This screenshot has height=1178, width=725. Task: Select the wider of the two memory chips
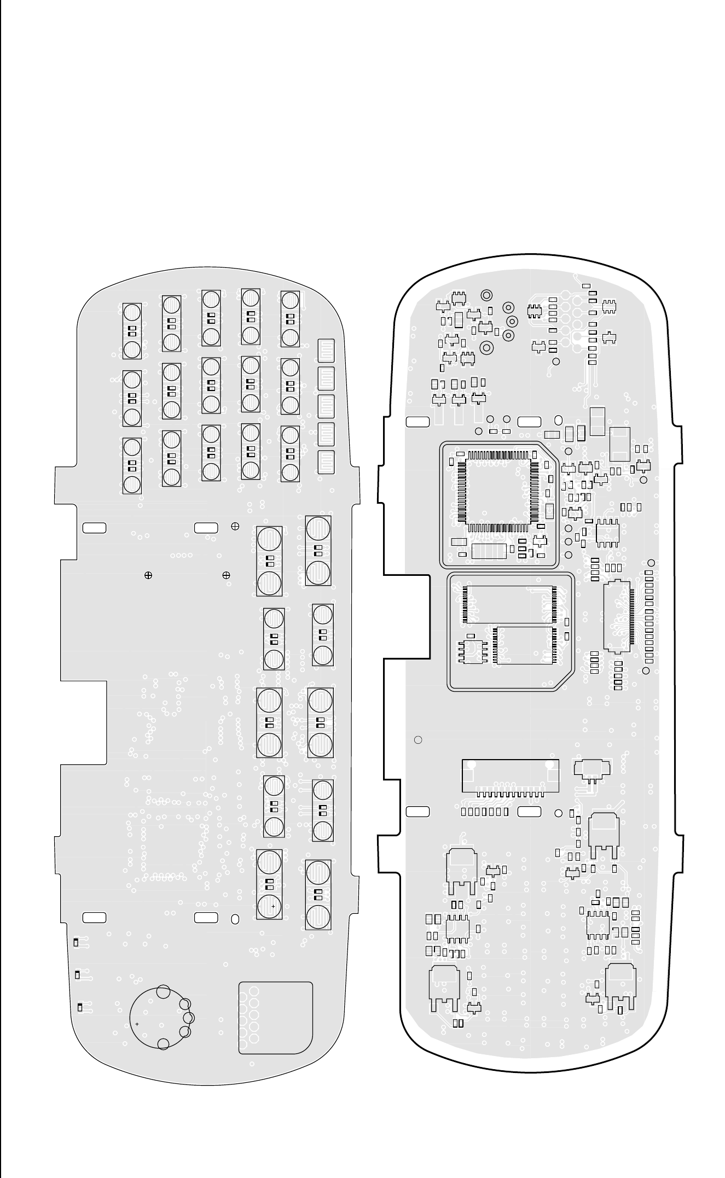coord(509,604)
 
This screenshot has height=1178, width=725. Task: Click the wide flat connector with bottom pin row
coord(510,775)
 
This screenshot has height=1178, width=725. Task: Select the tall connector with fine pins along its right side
coord(617,616)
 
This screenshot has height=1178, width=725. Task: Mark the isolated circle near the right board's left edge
coord(418,740)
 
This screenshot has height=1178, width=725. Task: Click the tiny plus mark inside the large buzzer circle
coord(137,1023)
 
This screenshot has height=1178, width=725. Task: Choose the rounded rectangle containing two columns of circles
coord(276,1018)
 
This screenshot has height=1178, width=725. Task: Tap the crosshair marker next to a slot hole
coord(235,526)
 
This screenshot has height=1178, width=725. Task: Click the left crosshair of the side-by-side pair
coord(148,575)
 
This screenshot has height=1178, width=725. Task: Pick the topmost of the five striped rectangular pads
coord(326,351)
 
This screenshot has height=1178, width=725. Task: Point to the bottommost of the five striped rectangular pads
coord(326,462)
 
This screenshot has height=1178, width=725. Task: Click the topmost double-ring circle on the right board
coord(485,295)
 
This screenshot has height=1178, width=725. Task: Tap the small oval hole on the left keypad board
coord(235,919)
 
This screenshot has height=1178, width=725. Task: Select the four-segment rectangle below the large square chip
coord(489,551)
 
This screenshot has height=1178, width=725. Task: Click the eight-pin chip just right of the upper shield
coord(607,532)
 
